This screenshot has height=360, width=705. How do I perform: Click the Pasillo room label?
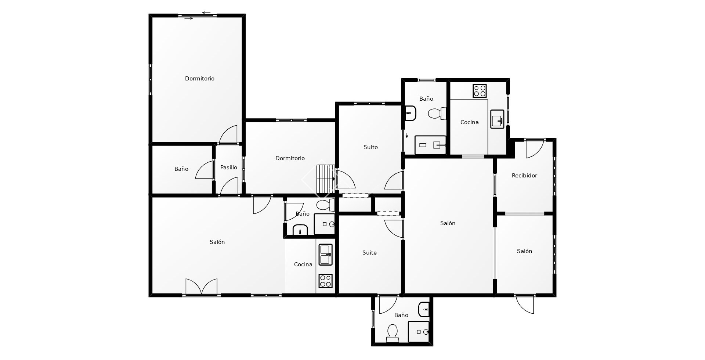pos(228,168)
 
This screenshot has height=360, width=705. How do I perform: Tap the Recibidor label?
pos(524,176)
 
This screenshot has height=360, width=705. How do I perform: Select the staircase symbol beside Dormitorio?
pos(326,179)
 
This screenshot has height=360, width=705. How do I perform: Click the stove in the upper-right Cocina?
pos(480,91)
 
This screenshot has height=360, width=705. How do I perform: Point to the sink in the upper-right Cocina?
pos(498,119)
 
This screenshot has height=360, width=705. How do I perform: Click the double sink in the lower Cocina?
pos(325,255)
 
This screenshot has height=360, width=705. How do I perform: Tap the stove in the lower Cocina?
pos(325,281)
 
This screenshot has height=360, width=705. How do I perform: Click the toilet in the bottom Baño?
pos(393,333)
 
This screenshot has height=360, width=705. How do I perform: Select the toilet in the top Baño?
pos(437,113)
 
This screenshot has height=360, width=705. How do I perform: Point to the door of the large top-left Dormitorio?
pos(228,134)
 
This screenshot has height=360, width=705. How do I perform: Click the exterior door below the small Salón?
pos(525,304)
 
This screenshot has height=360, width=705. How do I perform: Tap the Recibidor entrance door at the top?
pos(535,149)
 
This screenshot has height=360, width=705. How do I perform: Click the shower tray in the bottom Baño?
pos(419,332)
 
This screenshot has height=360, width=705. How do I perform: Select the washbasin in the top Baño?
pos(411,113)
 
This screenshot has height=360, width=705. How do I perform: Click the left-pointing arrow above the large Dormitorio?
pos(206,13)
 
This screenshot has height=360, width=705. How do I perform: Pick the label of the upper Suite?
pos(370,147)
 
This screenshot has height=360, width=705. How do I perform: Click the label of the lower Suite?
pos(369,253)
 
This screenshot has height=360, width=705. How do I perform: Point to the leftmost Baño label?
pos(181,169)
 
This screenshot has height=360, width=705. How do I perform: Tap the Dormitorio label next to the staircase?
pos(290,158)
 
